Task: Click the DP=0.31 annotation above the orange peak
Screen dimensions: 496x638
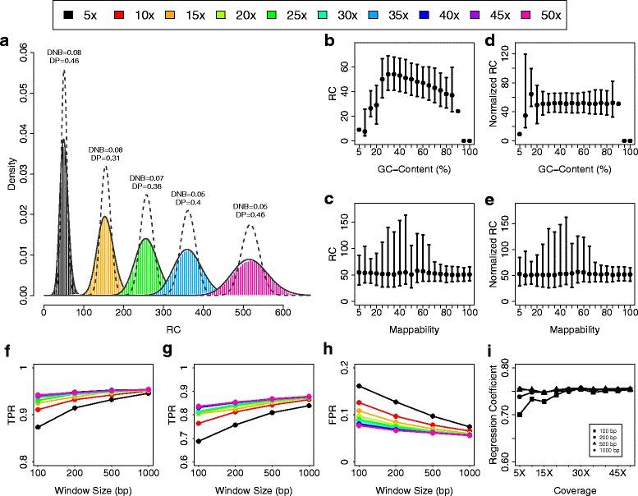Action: (x=104, y=158)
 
